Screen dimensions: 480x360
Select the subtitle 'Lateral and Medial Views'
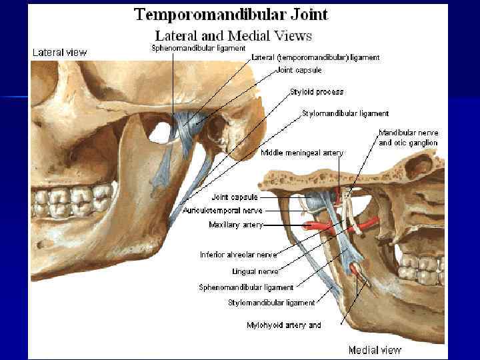[x=233, y=35]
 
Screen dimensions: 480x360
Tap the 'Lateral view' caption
[x=59, y=53]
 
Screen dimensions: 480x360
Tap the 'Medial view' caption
[x=375, y=350]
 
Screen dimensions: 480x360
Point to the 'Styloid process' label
[x=317, y=91]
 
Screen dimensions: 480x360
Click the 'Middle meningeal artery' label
[x=301, y=153]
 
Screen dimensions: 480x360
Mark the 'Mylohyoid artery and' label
[x=283, y=325]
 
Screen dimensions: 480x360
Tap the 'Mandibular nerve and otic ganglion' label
[x=408, y=138]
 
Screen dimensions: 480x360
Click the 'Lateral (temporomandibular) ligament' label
[x=315, y=58]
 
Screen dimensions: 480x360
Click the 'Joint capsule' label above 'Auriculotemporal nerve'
[x=234, y=197]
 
